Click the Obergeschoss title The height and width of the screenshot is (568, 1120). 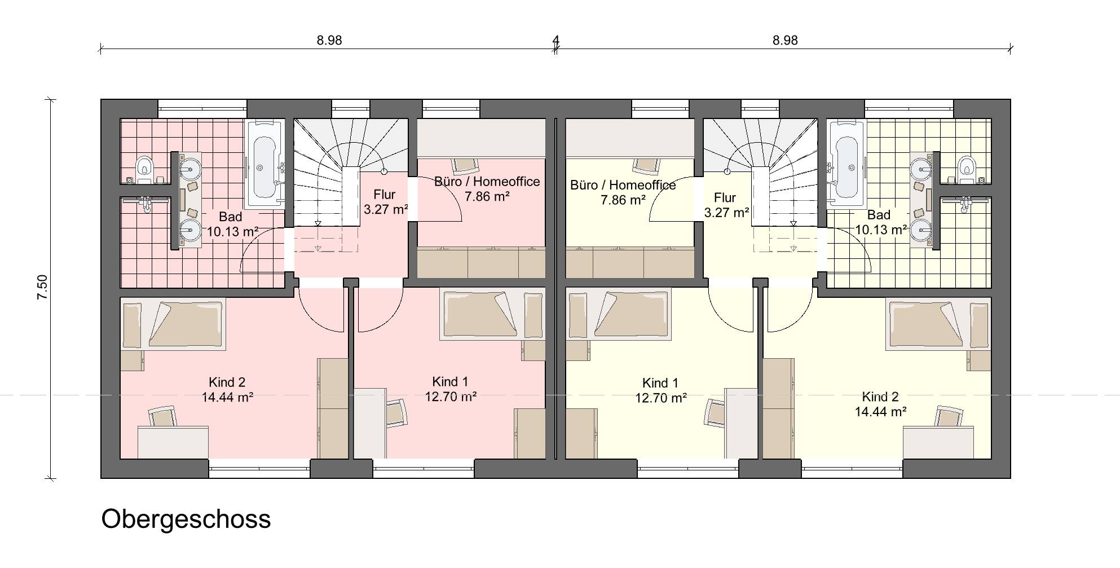[x=186, y=519]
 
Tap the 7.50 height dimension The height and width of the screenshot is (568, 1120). [x=42, y=288]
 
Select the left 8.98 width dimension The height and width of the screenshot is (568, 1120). [x=329, y=41]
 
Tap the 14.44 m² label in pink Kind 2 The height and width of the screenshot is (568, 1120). [x=227, y=397]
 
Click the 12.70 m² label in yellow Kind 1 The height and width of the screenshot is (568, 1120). [x=660, y=398]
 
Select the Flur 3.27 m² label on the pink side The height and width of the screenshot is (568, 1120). [x=385, y=202]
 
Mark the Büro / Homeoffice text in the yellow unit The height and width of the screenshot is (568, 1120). [x=623, y=185]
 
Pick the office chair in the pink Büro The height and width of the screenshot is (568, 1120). [x=465, y=164]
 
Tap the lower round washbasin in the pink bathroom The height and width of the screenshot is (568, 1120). [x=191, y=230]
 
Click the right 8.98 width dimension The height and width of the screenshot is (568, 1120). [x=784, y=41]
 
